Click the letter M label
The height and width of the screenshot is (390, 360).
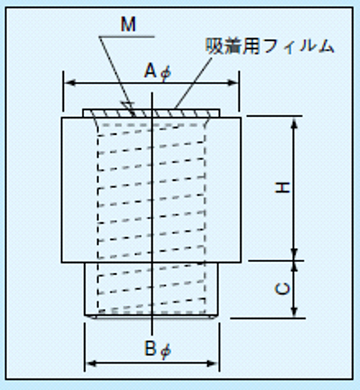(129, 25)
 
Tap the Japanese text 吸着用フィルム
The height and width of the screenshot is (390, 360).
(270, 46)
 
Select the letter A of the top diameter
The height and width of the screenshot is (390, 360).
(150, 71)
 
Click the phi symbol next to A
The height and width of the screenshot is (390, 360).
(165, 73)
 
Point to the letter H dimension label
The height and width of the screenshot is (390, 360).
(283, 187)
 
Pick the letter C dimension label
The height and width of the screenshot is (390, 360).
(283, 289)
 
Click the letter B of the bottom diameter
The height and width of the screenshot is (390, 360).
(150, 349)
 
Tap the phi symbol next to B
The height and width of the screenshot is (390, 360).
(165, 351)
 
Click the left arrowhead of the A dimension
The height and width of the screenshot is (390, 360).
(69, 83)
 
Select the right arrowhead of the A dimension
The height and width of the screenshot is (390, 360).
(233, 83)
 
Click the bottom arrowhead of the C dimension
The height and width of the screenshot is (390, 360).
(294, 311)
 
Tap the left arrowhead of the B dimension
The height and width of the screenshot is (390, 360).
(91, 363)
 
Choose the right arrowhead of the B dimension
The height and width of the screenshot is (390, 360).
(212, 363)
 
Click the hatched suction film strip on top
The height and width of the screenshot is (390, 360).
(151, 113)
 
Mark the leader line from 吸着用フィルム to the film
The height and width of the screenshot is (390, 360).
(193, 83)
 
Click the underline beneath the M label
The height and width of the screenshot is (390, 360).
(127, 37)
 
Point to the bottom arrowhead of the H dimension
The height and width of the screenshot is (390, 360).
(294, 253)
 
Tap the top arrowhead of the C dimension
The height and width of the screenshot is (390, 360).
(294, 267)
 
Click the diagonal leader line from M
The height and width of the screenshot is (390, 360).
(117, 76)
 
